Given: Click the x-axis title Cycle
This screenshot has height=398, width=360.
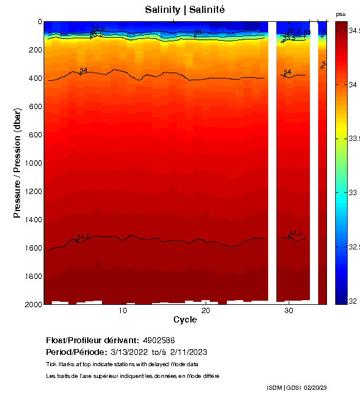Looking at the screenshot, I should pyautogui.click(x=185, y=320).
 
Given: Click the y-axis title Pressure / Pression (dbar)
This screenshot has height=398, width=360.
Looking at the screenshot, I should pyautogui.click(x=17, y=163).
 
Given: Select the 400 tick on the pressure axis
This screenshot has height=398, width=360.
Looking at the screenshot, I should pyautogui.click(x=34, y=78).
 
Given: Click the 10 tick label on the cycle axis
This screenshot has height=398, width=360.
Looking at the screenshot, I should pyautogui.click(x=123, y=311).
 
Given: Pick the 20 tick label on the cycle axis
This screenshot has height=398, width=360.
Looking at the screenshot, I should pyautogui.click(x=206, y=311).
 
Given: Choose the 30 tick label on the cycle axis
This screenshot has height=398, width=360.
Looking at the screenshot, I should pyautogui.click(x=289, y=311).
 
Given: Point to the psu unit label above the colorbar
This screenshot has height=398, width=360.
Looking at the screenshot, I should pyautogui.click(x=341, y=14).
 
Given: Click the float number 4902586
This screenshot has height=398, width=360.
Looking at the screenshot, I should pyautogui.click(x=159, y=340).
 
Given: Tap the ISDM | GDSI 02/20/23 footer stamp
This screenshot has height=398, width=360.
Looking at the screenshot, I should pyautogui.click(x=296, y=387).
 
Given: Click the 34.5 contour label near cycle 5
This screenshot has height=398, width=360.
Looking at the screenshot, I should pyautogui.click(x=83, y=236).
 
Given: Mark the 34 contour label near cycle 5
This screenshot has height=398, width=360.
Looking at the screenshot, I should pyautogui.click(x=84, y=70).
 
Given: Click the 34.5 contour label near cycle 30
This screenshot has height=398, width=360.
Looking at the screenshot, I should pyautogui.click(x=295, y=233).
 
